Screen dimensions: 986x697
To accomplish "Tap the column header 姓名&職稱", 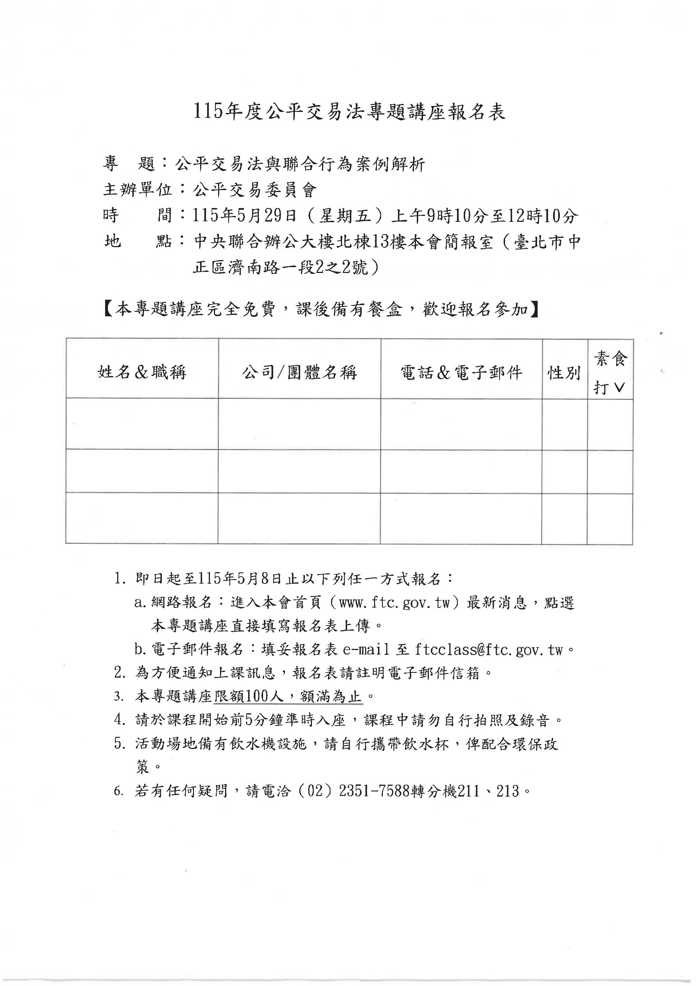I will pos(142,372).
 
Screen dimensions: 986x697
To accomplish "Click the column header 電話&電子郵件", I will pos(461,372).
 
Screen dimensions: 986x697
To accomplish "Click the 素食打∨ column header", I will pos(610,372).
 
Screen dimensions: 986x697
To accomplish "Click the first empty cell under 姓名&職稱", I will pos(142,424).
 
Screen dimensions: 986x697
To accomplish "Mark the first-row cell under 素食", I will pos(610,424).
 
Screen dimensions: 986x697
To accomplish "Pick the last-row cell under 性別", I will pos(564,519).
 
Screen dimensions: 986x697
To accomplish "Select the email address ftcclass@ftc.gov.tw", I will pos(488,650).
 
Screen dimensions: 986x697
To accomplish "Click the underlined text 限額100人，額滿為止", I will pos(288,697).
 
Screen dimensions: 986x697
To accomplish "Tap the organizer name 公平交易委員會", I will pos(255,190).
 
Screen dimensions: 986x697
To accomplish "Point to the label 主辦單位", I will pos(137,190).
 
